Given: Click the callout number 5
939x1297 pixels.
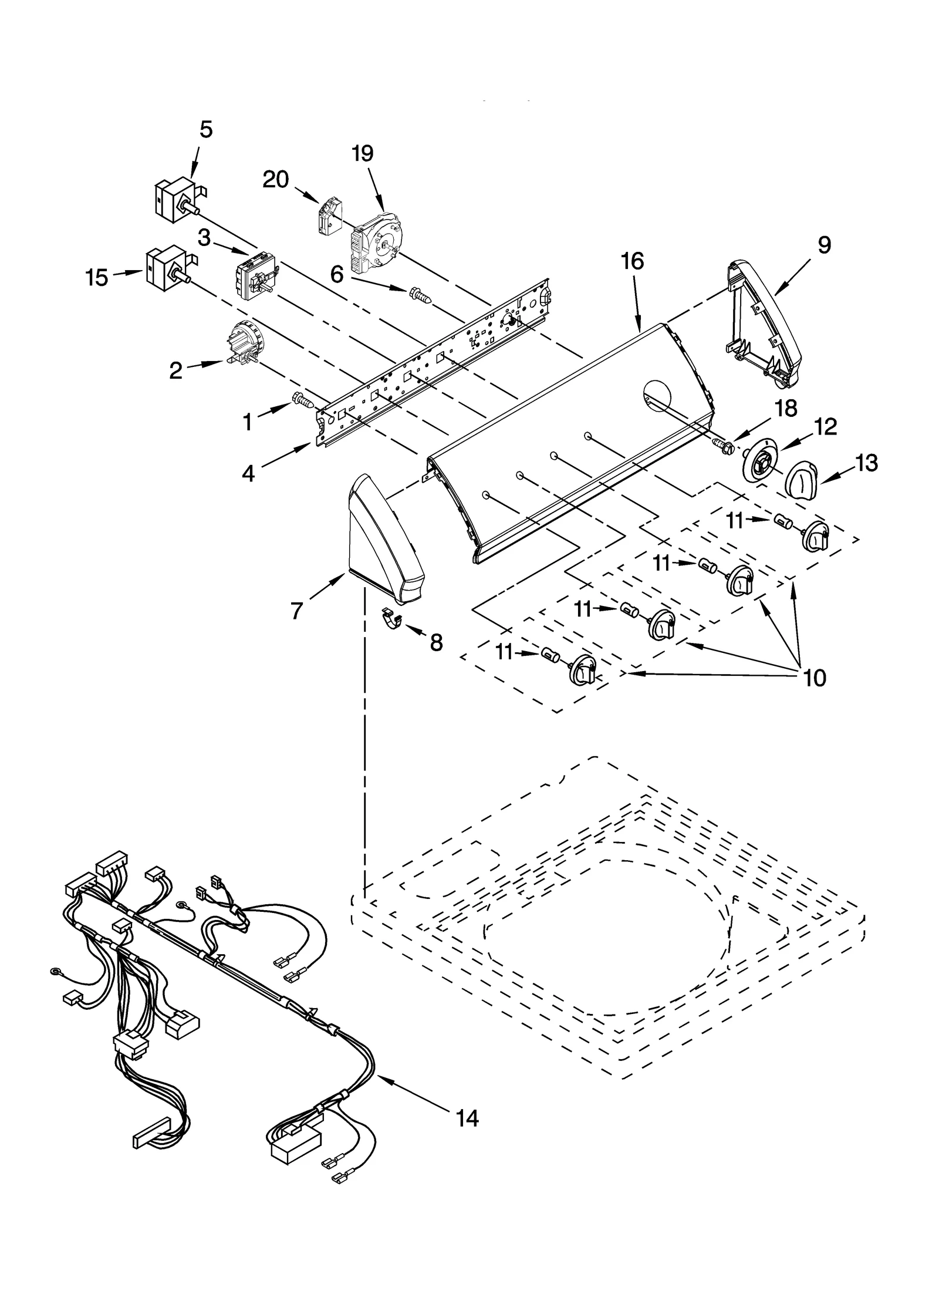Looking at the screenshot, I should [x=205, y=129].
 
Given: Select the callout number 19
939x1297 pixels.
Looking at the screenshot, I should [x=363, y=153].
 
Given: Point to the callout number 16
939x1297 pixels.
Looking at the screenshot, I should [x=632, y=261].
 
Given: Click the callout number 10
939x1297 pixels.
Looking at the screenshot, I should [x=815, y=678].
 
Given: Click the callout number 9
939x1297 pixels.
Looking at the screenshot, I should [x=824, y=245].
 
